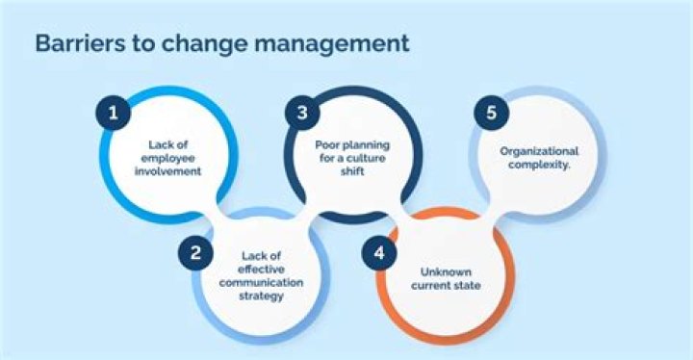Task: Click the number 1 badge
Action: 114,113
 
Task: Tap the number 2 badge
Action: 195,253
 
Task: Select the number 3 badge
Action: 301,113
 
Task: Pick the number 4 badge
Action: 379,253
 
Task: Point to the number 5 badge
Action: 491,113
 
